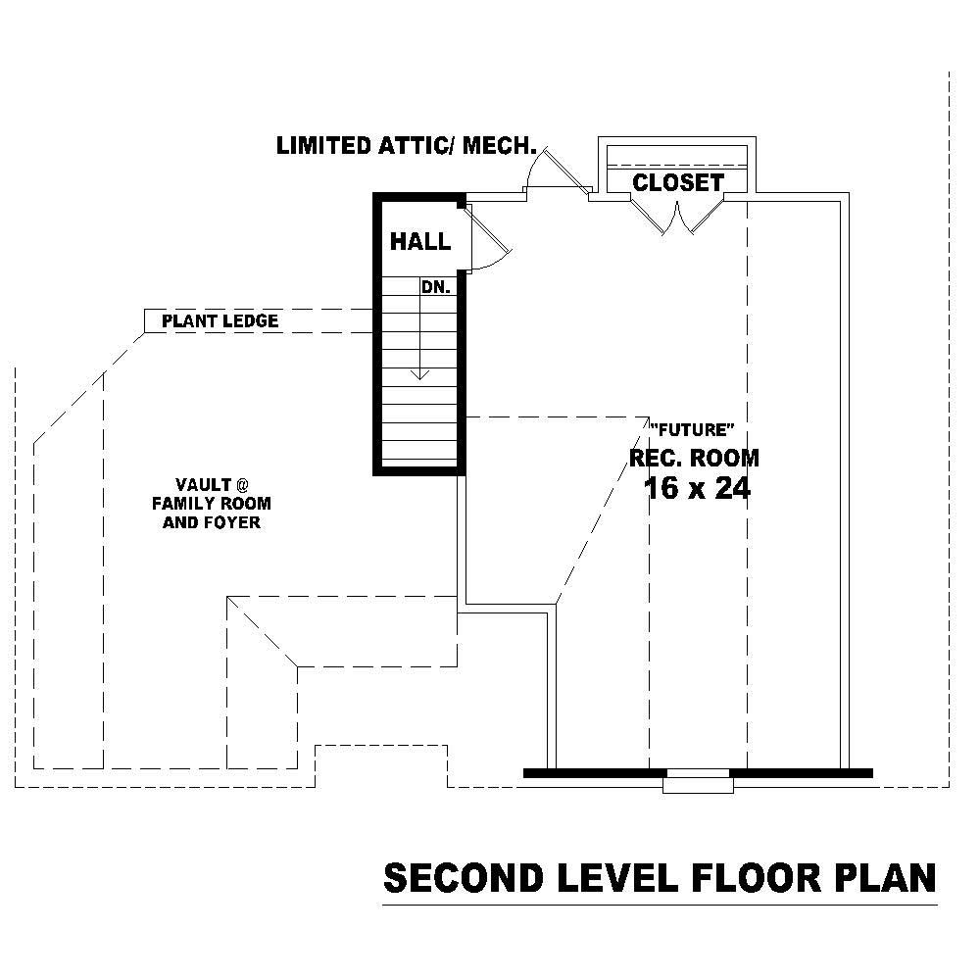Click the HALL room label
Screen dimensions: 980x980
click(x=420, y=241)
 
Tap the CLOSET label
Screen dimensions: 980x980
click(x=677, y=183)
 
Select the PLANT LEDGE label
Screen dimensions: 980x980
click(x=220, y=321)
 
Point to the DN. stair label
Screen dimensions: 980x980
click(x=435, y=288)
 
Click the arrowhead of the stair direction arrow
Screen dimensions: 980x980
click(x=420, y=374)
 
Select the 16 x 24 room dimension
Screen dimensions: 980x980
click(x=697, y=488)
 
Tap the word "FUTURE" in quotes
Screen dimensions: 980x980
click(x=693, y=429)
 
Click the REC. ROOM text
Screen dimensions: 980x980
click(x=694, y=458)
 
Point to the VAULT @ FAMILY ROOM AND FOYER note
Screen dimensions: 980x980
click(x=211, y=503)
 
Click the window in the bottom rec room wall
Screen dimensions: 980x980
click(x=697, y=782)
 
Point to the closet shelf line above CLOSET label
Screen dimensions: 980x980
click(x=677, y=167)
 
